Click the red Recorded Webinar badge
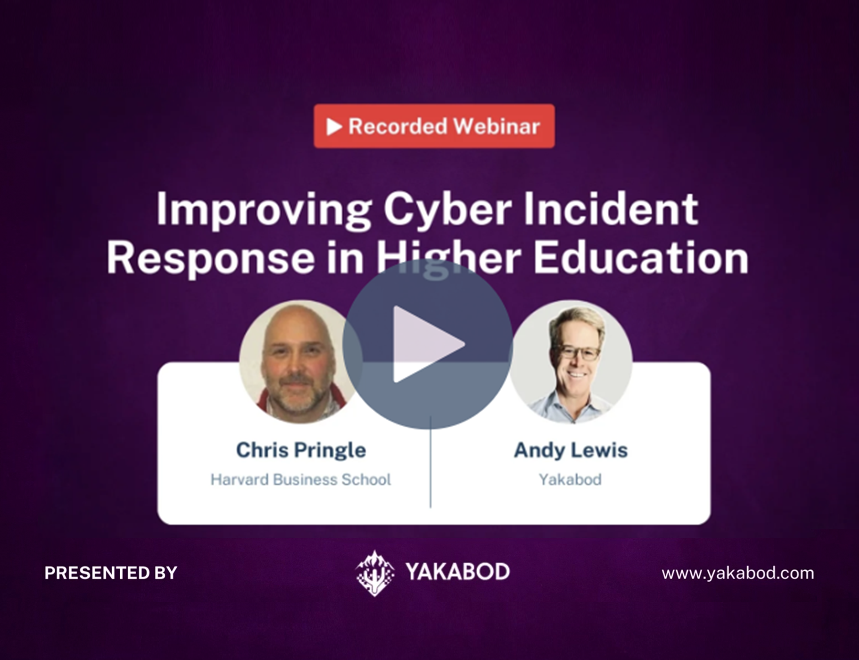(x=434, y=126)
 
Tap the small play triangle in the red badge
(x=334, y=127)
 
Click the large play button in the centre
(x=427, y=344)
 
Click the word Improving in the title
(x=263, y=210)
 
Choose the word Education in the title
(x=641, y=259)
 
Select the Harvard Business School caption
(x=301, y=480)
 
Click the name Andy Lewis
(x=571, y=450)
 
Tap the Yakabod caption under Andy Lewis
(x=570, y=480)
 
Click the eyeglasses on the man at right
(x=579, y=353)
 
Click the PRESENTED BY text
(x=111, y=573)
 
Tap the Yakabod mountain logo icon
(x=375, y=573)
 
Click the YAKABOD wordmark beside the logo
(x=458, y=572)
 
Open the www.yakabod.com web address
(x=738, y=573)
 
